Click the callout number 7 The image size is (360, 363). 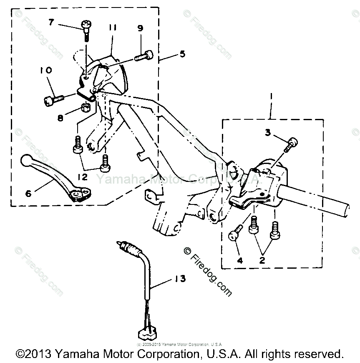(x=51, y=22)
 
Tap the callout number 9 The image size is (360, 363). (x=140, y=28)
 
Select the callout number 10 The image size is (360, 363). (x=46, y=71)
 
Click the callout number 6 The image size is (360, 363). (x=28, y=193)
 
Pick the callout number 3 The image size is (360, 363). (x=268, y=133)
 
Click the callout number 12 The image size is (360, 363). (x=82, y=177)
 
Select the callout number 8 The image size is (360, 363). (x=61, y=118)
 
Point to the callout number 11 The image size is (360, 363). (x=112, y=28)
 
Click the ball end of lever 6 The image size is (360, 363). (x=27, y=160)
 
